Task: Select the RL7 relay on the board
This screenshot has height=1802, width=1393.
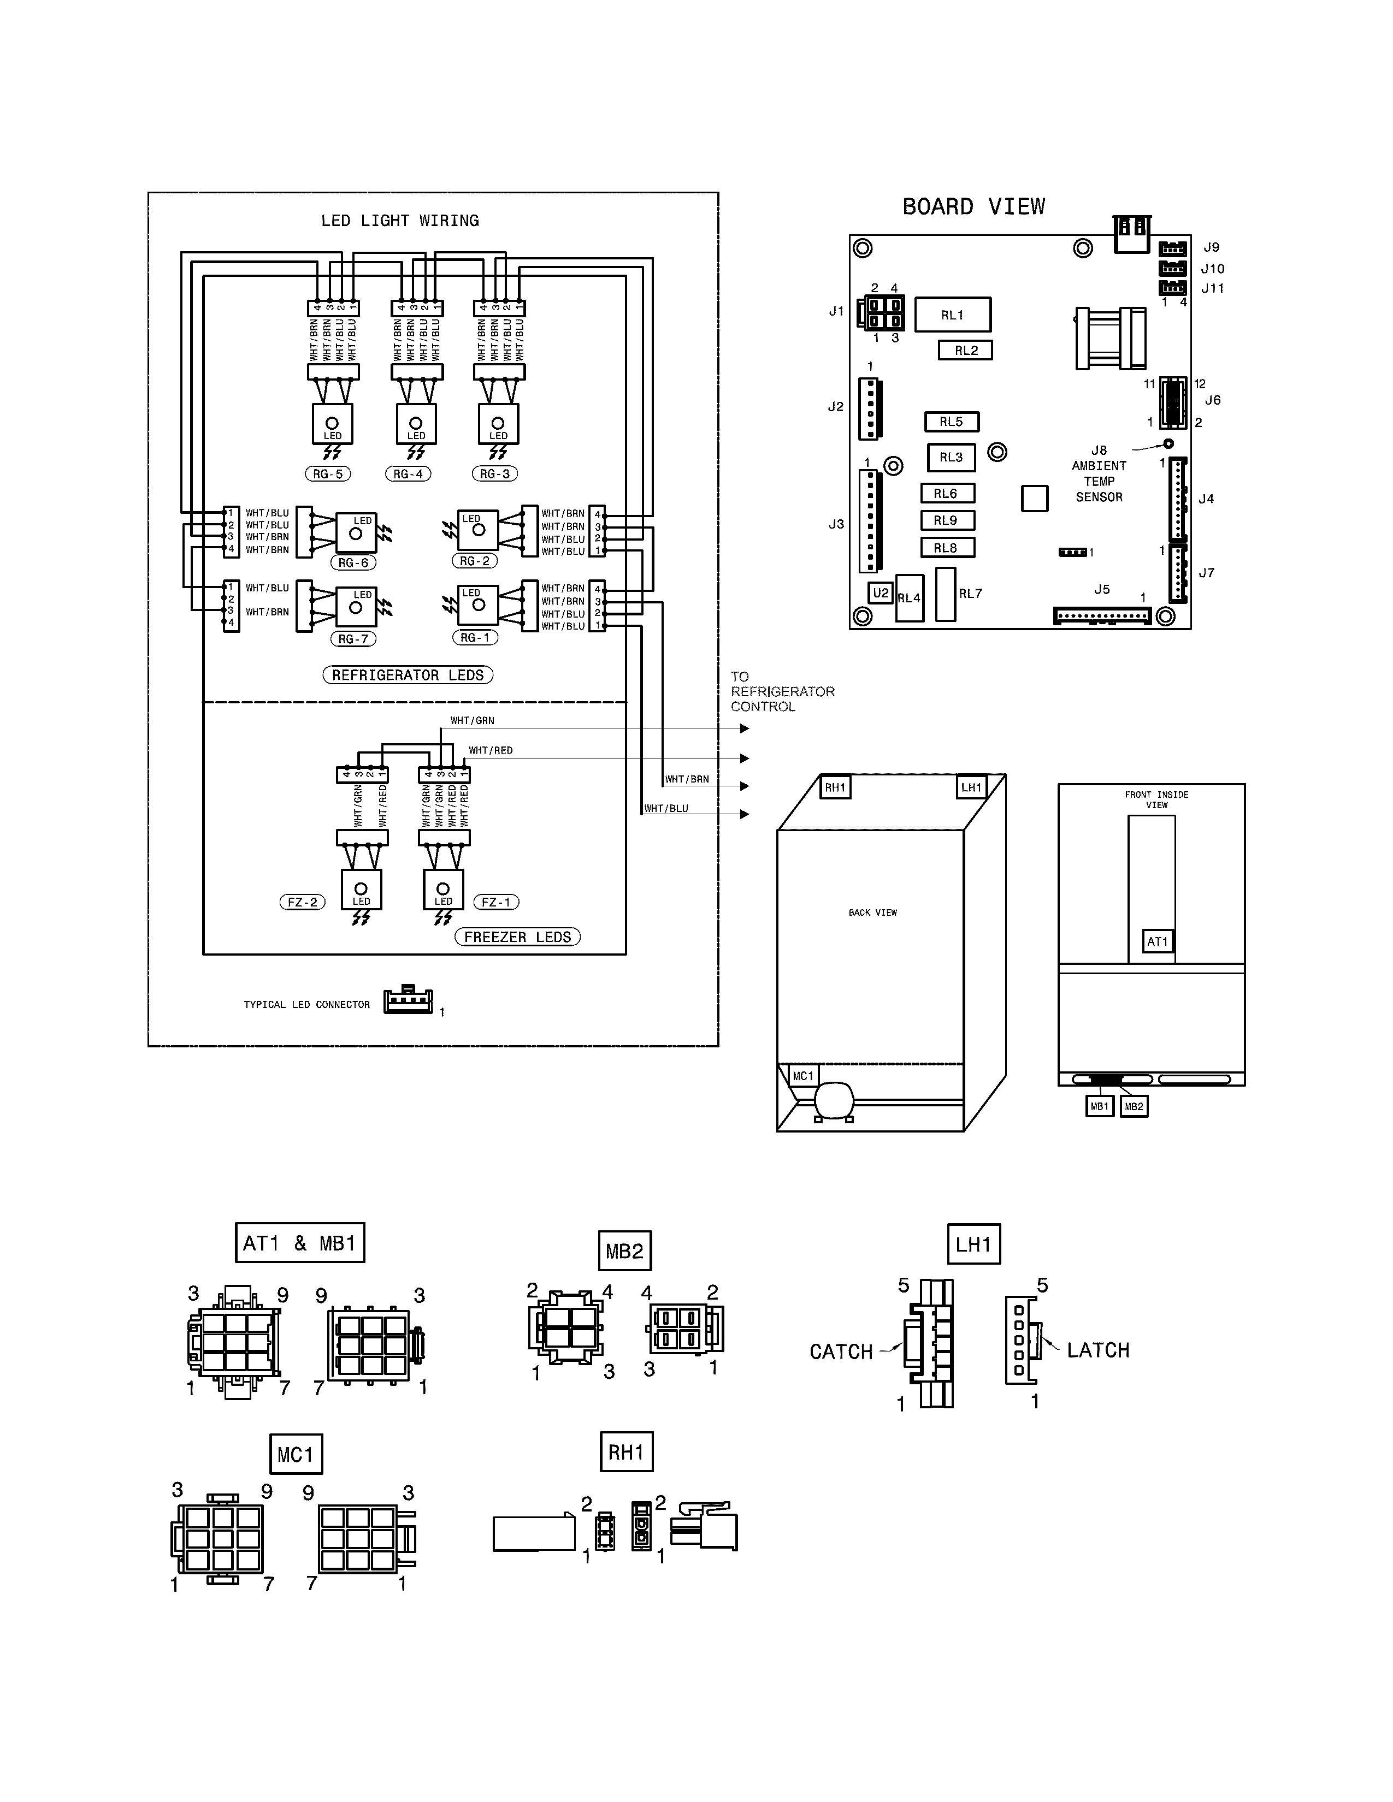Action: click(x=946, y=594)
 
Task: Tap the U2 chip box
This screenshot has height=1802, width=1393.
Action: click(x=881, y=592)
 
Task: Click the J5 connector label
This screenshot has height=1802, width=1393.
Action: click(x=1102, y=589)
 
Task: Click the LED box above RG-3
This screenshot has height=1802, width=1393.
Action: click(x=498, y=424)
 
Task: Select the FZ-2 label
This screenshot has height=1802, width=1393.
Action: click(x=302, y=902)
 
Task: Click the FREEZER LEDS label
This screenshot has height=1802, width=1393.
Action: click(x=517, y=936)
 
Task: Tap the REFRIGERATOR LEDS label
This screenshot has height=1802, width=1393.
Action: click(x=408, y=675)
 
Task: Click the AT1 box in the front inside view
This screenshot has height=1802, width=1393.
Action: click(x=1157, y=941)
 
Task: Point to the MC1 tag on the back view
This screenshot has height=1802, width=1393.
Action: click(x=803, y=1076)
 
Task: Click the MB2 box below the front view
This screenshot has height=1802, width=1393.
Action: click(x=1134, y=1106)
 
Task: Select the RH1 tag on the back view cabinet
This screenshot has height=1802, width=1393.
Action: click(x=835, y=787)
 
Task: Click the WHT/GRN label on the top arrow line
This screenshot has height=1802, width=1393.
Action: click(x=472, y=720)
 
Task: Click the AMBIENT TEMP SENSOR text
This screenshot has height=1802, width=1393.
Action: click(x=1099, y=481)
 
